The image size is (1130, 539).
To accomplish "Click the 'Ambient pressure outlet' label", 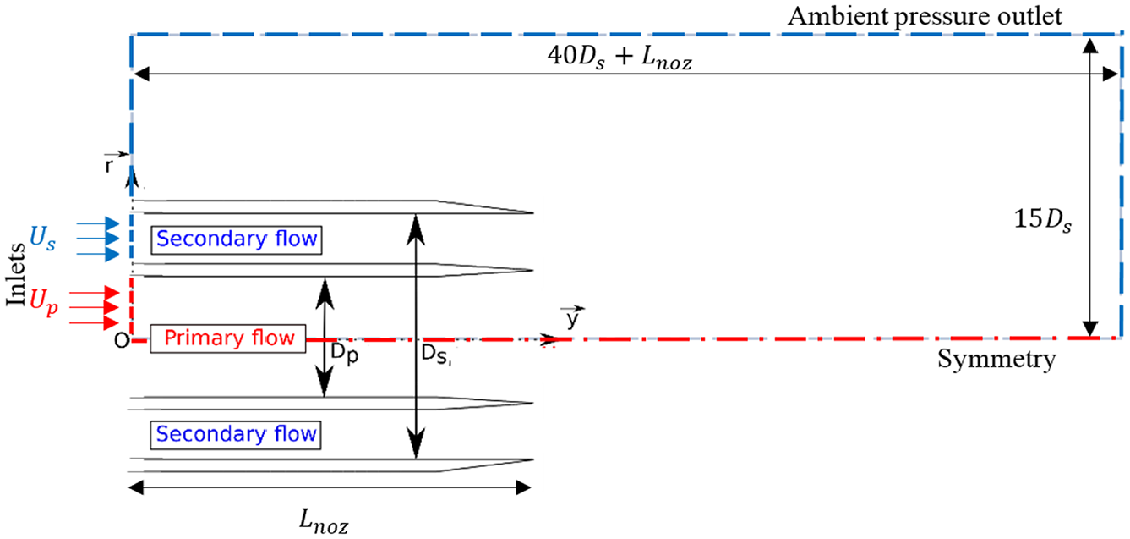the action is point(925,17).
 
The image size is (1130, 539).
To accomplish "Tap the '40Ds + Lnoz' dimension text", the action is point(620,57).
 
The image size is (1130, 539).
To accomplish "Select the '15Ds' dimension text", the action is point(1043,220).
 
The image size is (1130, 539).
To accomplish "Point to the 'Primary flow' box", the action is point(228,338).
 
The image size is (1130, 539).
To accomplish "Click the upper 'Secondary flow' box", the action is point(236,239).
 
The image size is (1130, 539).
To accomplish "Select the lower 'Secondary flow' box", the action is point(236,434).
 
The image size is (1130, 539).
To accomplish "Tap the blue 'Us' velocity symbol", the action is point(43,238).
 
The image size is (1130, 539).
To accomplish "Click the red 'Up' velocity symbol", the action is point(43,301).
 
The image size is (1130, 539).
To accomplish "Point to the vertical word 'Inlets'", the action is point(16,274).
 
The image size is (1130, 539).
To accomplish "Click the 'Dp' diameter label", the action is point(345,354).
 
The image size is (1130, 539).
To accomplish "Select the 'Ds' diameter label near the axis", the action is point(434,355).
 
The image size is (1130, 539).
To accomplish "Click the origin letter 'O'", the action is point(122,342).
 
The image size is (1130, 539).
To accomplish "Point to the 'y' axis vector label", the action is point(573,317).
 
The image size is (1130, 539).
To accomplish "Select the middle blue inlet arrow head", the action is point(112,239).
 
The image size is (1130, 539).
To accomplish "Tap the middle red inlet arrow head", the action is point(111,307).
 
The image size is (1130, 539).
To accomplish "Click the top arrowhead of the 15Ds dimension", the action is point(1090,46).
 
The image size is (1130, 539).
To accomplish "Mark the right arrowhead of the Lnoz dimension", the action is point(523,488).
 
